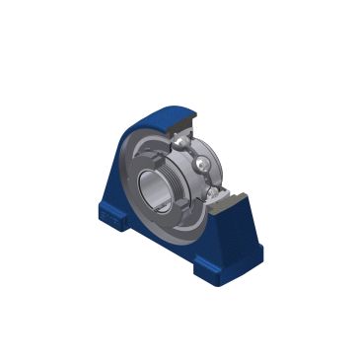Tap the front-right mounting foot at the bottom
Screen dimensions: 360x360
click(213, 262)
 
